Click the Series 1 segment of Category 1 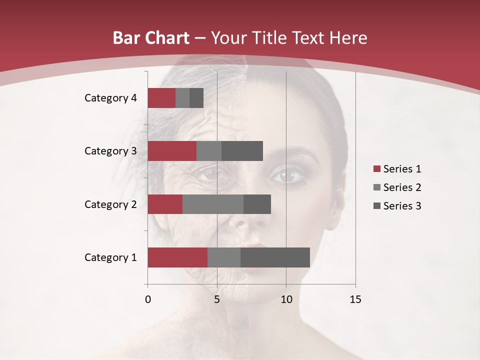tap(177, 257)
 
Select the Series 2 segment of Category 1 tap(224, 257)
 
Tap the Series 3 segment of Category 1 tap(275, 257)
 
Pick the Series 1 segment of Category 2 tap(165, 204)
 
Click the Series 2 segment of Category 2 tap(213, 204)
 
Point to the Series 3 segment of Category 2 tap(257, 204)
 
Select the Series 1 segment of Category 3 tap(172, 151)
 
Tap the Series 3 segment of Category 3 tap(242, 151)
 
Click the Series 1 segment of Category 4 tap(161, 98)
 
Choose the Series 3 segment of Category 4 tap(196, 98)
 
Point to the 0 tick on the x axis tap(148, 299)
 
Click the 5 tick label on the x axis tap(217, 299)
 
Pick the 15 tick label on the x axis tap(355, 299)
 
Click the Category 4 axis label tap(110, 98)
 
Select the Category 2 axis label tap(110, 204)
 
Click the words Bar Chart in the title tap(151, 38)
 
